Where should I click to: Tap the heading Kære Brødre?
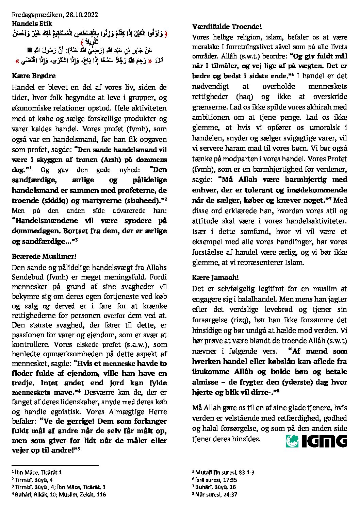33,75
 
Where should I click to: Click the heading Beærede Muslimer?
44,256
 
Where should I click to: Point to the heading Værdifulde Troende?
227,26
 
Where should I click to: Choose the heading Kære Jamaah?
215,277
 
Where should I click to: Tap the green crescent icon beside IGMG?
292,441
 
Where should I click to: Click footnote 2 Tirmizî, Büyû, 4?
32,480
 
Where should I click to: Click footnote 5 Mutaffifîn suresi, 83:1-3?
224,472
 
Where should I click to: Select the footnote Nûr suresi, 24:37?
215,494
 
